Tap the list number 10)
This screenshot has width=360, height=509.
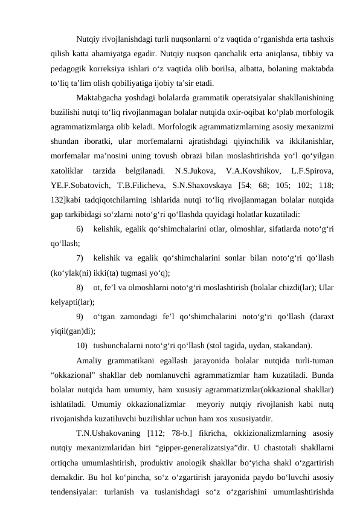(83, 346)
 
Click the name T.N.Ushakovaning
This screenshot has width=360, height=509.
(109, 433)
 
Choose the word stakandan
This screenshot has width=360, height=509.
(289, 346)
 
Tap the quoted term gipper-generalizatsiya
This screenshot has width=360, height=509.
(201, 448)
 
